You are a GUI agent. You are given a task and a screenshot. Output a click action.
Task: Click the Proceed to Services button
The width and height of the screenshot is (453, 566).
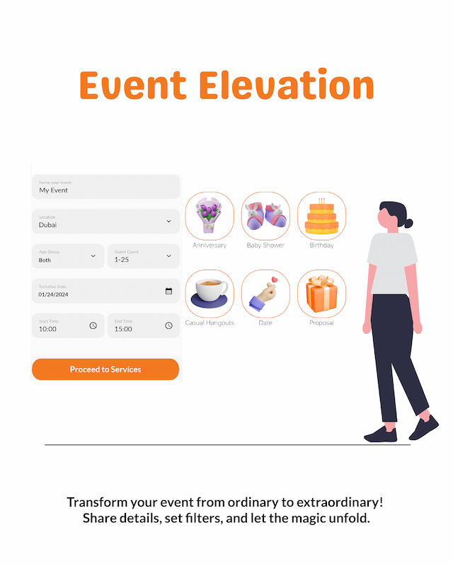[105, 369]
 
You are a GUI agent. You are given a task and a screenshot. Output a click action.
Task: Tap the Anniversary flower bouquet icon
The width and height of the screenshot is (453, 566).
[210, 216]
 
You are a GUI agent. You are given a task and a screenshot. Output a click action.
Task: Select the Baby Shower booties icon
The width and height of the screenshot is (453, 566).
[265, 216]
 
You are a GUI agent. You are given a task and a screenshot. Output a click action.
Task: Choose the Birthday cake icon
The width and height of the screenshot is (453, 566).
[321, 216]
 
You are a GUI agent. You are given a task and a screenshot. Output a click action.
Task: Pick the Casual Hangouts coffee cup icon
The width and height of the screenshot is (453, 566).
[210, 293]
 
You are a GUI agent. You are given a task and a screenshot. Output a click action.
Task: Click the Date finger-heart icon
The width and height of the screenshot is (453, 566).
[265, 293]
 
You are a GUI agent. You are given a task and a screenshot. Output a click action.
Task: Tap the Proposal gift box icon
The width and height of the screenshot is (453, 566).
[321, 293]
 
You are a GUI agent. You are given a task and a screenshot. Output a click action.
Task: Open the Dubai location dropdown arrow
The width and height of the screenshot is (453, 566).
[168, 221]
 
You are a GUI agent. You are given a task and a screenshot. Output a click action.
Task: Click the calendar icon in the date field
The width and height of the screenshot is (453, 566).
[168, 291]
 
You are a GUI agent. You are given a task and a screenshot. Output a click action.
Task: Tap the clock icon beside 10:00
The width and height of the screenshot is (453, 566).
[93, 325]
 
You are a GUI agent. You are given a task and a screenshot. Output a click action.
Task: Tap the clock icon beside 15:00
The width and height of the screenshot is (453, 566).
[168, 325]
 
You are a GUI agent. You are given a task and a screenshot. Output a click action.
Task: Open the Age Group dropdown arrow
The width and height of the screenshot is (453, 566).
[93, 256]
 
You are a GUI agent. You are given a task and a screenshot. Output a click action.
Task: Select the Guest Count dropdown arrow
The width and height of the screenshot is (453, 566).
[168, 256]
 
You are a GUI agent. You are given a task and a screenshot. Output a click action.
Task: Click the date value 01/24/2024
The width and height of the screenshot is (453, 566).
[54, 294]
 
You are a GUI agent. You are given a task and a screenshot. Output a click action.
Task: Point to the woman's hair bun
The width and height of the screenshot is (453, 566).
[409, 222]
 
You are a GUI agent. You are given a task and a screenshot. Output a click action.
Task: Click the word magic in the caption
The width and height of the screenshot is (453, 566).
[298, 519]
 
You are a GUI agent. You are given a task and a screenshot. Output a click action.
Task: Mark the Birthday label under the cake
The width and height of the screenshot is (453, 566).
[321, 246]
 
